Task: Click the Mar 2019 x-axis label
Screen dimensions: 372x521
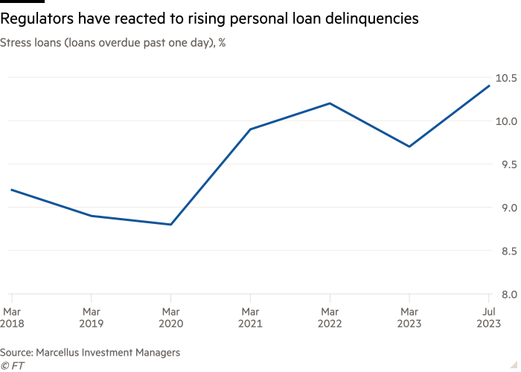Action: (92, 316)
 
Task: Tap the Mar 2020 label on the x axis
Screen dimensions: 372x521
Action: (171, 316)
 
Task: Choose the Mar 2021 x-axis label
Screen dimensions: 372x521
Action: (250, 316)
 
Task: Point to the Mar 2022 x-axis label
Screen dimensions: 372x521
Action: (330, 316)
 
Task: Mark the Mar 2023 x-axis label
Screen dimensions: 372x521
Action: (409, 316)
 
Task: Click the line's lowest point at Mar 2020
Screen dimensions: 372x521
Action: (171, 225)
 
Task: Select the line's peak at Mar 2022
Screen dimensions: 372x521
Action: (330, 103)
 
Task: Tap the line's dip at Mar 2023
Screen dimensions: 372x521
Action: (409, 147)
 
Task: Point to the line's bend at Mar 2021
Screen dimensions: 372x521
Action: (250, 129)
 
